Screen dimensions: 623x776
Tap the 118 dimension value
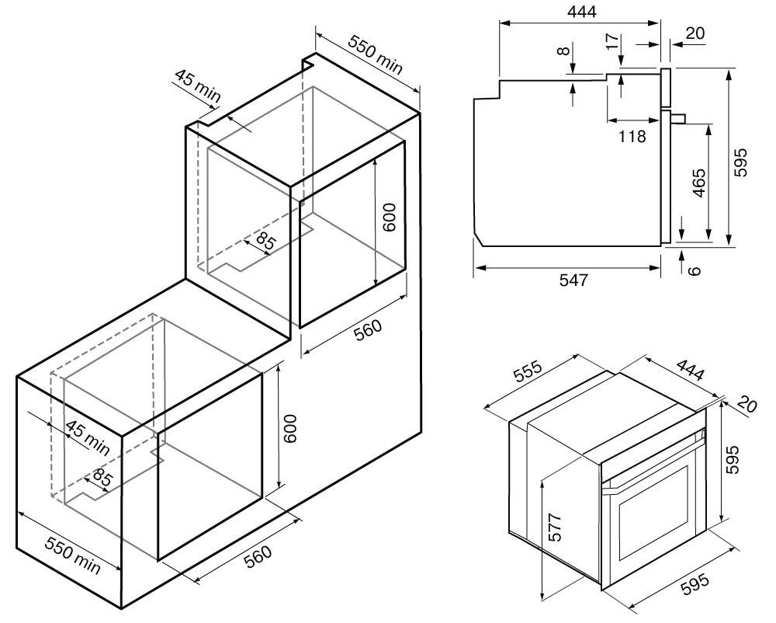tap(632, 136)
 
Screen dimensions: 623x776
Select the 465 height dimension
tap(698, 183)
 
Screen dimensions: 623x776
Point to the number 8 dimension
tap(564, 52)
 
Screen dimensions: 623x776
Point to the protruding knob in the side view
tap(678, 119)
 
